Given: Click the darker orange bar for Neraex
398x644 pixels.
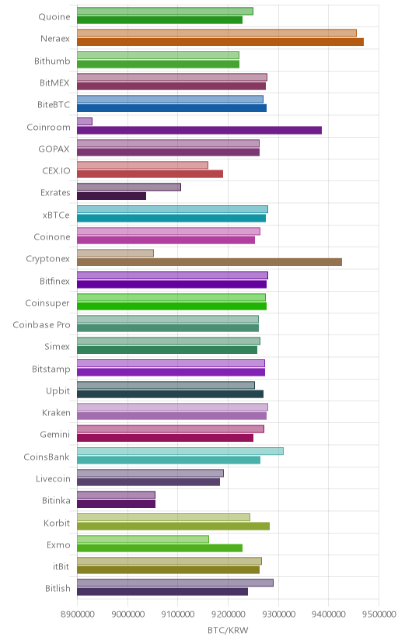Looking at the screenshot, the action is pos(220,42).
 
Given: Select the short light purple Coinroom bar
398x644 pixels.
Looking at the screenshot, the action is pos(85,121).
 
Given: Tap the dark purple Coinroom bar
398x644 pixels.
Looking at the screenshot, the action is pos(200,130).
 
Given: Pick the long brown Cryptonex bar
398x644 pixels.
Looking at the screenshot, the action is pos(209,262).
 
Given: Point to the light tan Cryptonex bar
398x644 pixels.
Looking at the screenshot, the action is pos(115,253).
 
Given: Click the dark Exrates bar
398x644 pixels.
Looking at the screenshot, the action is pos(112,196).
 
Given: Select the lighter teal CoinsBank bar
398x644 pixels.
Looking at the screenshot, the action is pos(180,451).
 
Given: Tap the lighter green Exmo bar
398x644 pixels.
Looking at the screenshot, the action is pos(143,539).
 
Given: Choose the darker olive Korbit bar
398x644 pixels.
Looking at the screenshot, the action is pos(173,526).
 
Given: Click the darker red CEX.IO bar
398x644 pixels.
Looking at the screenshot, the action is pos(150,174).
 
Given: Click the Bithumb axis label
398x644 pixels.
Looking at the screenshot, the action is pos(52,61).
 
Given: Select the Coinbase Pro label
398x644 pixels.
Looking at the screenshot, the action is pos(41,325).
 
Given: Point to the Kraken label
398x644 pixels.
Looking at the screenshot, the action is pos(56,413).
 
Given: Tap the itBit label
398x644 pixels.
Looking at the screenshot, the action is pos(61,567).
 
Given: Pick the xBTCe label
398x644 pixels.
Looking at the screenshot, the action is pos(56,215).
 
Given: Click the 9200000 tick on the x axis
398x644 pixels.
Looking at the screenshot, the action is pos(228,614).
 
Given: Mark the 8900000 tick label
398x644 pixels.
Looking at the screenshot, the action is pos(77,614).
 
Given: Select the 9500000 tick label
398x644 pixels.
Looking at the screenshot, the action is pos(379,614).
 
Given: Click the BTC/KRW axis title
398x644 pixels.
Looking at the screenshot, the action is pos(228,631).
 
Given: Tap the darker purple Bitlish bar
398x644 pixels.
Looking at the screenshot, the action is pos(162,592).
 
